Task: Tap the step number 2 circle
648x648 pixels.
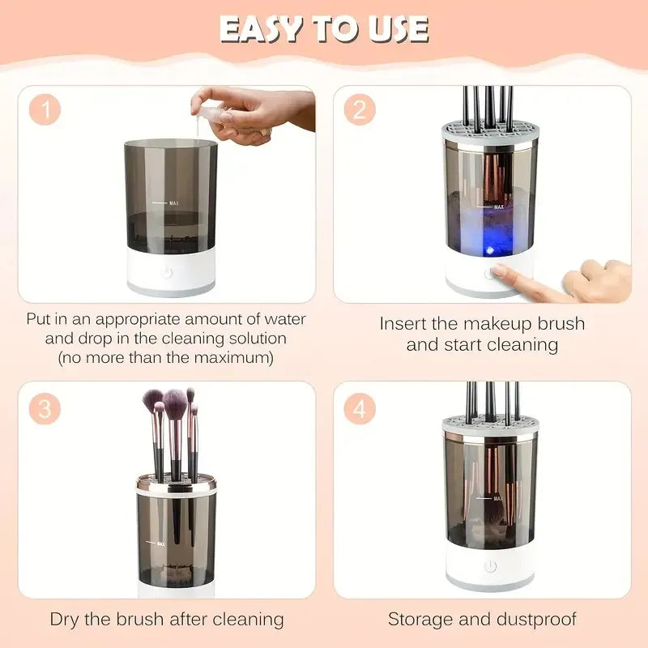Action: point(360,109)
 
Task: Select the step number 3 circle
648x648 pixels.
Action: point(45,408)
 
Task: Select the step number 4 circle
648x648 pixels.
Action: point(360,408)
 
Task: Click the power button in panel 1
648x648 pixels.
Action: point(167,271)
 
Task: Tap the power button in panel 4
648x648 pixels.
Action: point(489,566)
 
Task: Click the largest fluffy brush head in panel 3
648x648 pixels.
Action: point(176,400)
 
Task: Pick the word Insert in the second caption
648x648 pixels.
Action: point(407,324)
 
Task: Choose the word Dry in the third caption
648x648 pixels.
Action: point(66,620)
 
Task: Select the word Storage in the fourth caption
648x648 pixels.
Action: point(422,620)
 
